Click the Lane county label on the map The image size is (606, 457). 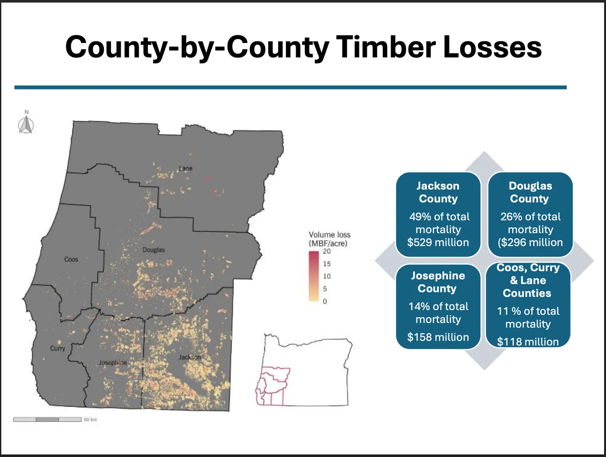(185, 168)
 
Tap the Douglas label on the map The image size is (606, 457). (153, 250)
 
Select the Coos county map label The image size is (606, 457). (71, 259)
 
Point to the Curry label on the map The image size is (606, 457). (57, 349)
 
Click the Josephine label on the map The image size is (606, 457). (113, 362)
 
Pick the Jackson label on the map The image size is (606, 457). (190, 357)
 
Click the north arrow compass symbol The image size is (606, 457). (26, 123)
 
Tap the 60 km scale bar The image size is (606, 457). (47, 419)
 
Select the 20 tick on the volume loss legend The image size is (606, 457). (326, 251)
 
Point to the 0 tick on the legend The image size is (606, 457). (325, 301)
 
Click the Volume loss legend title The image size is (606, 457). (329, 239)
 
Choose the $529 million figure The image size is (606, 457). (438, 242)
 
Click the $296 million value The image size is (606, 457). (530, 242)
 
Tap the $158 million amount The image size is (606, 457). (438, 337)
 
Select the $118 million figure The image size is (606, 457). (527, 342)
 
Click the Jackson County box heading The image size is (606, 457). (438, 192)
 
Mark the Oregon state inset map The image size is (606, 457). (304, 369)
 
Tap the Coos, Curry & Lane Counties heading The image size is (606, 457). (527, 280)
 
